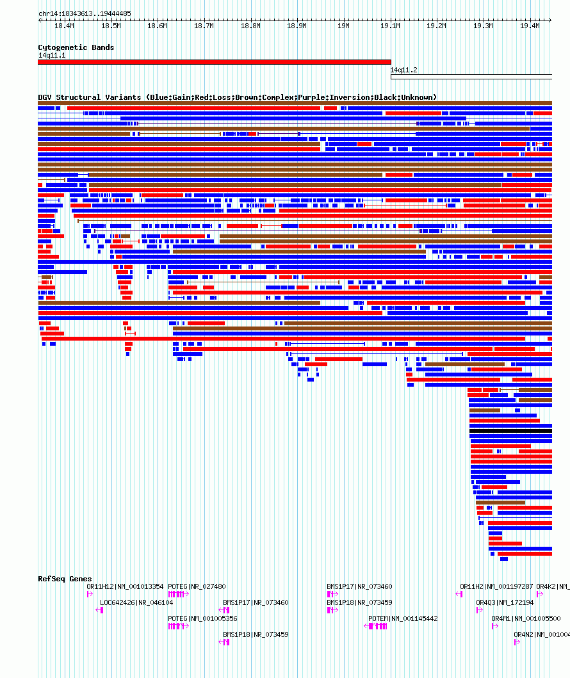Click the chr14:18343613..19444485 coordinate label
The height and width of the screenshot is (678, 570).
(85, 13)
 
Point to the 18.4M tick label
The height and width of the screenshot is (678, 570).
(64, 26)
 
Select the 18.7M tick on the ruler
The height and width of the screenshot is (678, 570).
(204, 26)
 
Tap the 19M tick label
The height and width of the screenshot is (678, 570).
(343, 26)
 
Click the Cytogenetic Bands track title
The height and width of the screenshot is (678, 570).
(76, 47)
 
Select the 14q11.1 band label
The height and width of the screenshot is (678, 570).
(52, 55)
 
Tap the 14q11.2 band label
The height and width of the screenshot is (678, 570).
(404, 70)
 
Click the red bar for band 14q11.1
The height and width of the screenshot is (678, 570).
(214, 62)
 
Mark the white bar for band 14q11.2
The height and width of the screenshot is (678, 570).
(471, 77)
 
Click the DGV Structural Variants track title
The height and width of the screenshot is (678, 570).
(237, 97)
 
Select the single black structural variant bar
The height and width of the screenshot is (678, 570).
(510, 431)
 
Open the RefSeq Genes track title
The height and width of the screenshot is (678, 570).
(65, 579)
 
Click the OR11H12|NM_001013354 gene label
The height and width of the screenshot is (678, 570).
(125, 586)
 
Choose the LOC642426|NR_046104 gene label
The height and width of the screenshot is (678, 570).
(136, 602)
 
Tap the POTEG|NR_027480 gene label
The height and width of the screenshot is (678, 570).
(197, 586)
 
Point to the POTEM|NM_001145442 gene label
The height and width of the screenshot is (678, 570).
(403, 618)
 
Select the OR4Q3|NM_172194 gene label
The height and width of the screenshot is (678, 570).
(505, 602)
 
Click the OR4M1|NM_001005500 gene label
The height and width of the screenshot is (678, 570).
(526, 618)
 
